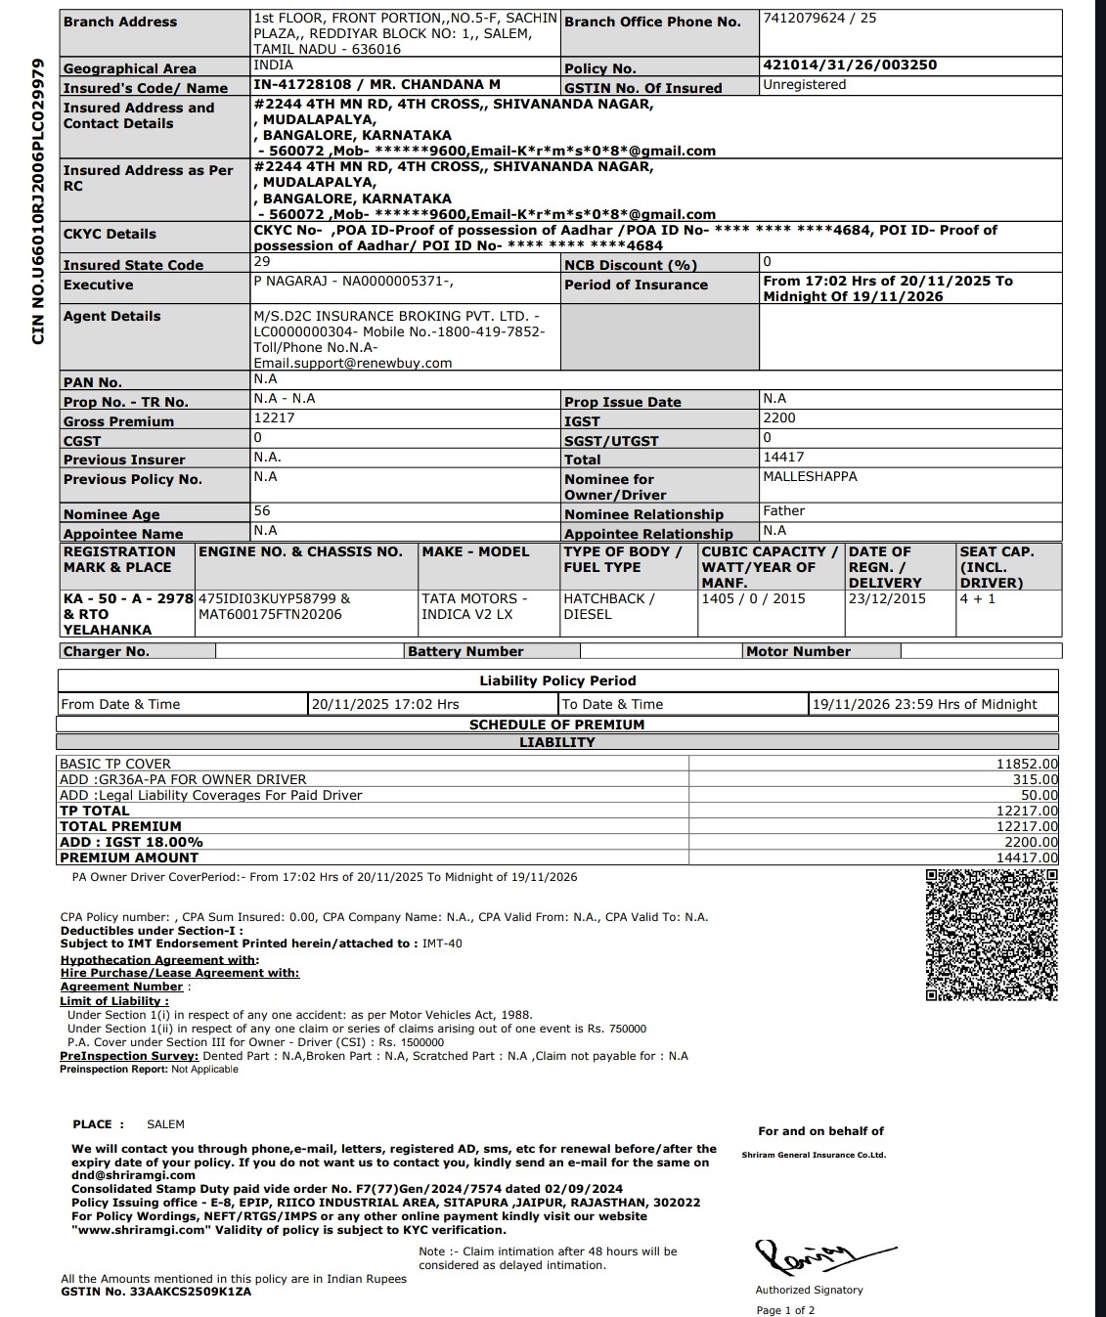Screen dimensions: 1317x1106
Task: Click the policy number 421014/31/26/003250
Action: [849, 66]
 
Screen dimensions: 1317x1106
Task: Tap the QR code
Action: [992, 935]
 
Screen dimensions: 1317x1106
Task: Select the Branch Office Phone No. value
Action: [819, 19]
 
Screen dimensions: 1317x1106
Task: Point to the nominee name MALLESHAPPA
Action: [810, 477]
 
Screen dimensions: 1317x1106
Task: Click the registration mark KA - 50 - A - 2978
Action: [128, 598]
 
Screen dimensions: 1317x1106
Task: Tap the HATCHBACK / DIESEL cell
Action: [609, 606]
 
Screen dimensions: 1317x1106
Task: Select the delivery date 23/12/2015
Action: [887, 598]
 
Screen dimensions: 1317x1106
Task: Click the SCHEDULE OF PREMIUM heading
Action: [556, 725]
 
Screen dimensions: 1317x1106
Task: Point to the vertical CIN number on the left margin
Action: [39, 201]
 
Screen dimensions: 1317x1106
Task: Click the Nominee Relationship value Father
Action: [784, 511]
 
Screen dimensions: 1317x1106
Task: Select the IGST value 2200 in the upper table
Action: [779, 418]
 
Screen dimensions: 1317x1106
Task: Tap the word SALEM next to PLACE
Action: [165, 1124]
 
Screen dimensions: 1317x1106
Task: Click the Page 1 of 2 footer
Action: [785, 1310]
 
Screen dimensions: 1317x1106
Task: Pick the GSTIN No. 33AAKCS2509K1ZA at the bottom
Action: [156, 1292]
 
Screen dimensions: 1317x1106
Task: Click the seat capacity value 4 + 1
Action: [977, 598]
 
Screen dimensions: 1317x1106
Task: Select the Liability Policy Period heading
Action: [557, 681]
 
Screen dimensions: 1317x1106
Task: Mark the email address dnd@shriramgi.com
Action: [134, 1176]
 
